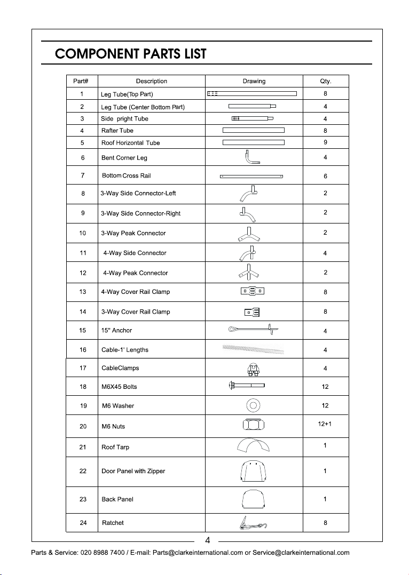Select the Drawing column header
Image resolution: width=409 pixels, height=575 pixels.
pyautogui.click(x=254, y=81)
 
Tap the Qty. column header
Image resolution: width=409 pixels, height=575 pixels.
pyautogui.click(x=325, y=81)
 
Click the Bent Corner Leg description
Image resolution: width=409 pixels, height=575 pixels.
pyautogui.click(x=124, y=158)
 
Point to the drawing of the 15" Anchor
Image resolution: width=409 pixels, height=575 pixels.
pyautogui.click(x=254, y=331)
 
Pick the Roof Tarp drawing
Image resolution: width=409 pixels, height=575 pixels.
pyautogui.click(x=254, y=446)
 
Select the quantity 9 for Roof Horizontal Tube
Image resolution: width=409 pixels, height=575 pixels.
pyautogui.click(x=325, y=142)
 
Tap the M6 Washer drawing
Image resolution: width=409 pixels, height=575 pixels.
pyautogui.click(x=254, y=405)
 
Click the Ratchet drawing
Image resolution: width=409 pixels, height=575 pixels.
pyautogui.click(x=254, y=523)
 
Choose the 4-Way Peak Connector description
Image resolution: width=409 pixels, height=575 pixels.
pyautogui.click(x=136, y=273)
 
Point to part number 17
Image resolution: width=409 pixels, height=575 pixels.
pyautogui.click(x=83, y=368)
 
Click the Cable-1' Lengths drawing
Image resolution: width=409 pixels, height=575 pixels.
pyautogui.click(x=254, y=350)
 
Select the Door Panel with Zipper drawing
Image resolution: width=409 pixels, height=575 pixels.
pyautogui.click(x=254, y=471)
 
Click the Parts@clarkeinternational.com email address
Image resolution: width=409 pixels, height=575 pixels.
pyautogui.click(x=198, y=553)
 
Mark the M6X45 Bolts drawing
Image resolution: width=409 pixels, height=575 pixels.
pyautogui.click(x=247, y=385)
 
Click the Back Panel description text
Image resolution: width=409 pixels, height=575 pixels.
pyautogui.click(x=117, y=499)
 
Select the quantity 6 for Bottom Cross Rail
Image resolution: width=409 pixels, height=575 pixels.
pyautogui.click(x=325, y=176)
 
